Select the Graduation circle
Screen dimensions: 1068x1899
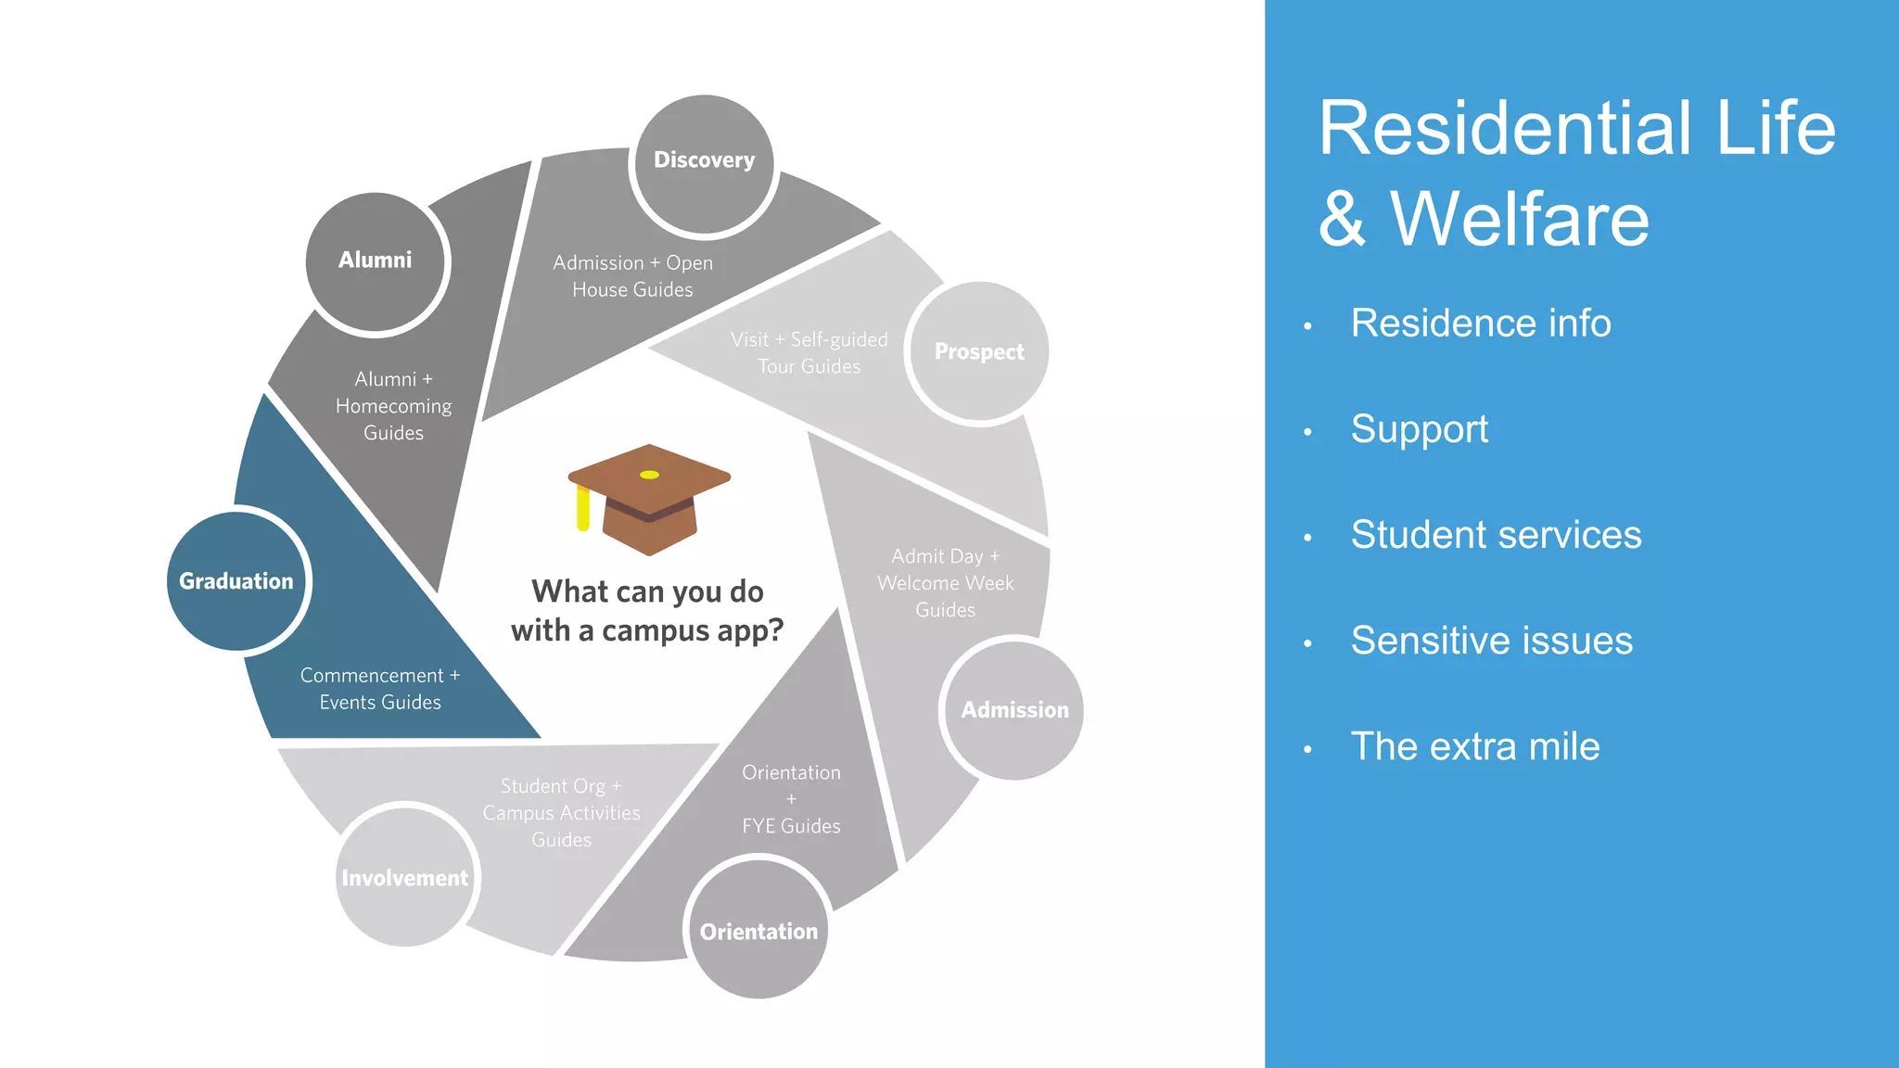coord(236,581)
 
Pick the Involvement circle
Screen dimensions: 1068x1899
coord(405,876)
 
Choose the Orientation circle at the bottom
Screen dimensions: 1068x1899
coord(758,930)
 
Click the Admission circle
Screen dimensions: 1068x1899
coord(1013,710)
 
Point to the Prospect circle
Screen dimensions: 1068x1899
coord(979,352)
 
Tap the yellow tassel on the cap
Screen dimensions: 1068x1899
coord(583,508)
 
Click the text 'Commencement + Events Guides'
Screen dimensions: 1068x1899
coord(380,689)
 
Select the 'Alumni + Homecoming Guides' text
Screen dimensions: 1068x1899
coord(393,406)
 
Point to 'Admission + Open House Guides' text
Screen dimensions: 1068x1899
coord(632,276)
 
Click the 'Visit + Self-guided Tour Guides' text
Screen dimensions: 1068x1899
coord(809,353)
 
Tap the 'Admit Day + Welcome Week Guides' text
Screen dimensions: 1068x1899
coord(945,583)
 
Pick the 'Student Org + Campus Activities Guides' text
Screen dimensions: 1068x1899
coord(561,813)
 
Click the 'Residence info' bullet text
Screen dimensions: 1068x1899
coord(1480,324)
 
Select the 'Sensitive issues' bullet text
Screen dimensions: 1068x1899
coord(1491,641)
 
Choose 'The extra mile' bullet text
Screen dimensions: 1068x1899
coord(1474,746)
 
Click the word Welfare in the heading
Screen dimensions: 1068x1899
coord(1520,220)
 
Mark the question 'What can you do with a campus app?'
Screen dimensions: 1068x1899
coord(647,611)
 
